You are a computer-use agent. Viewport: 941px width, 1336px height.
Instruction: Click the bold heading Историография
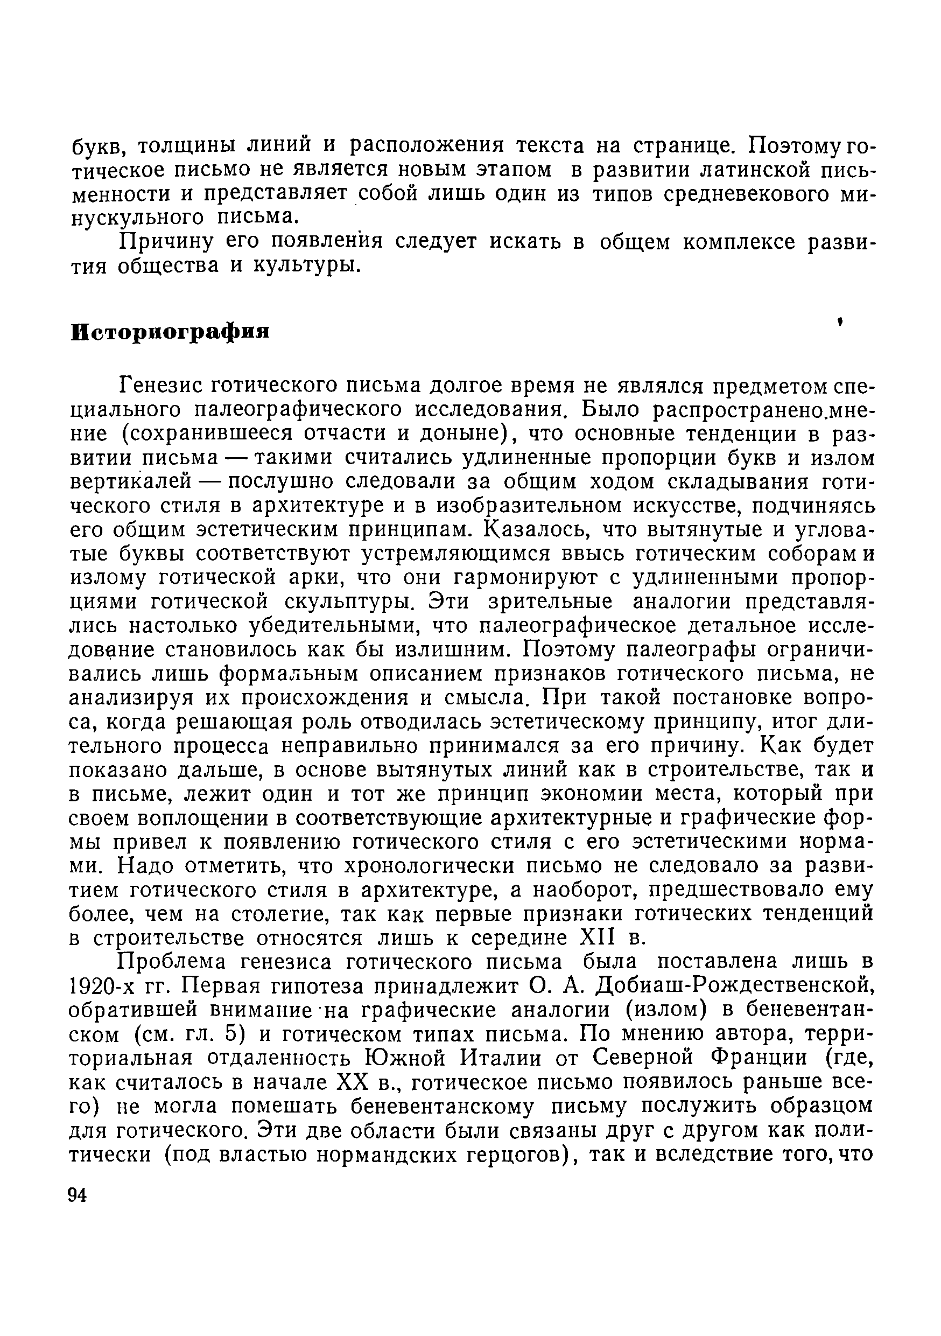coord(171,332)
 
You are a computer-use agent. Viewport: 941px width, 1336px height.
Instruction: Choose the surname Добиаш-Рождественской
coord(713,987)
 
